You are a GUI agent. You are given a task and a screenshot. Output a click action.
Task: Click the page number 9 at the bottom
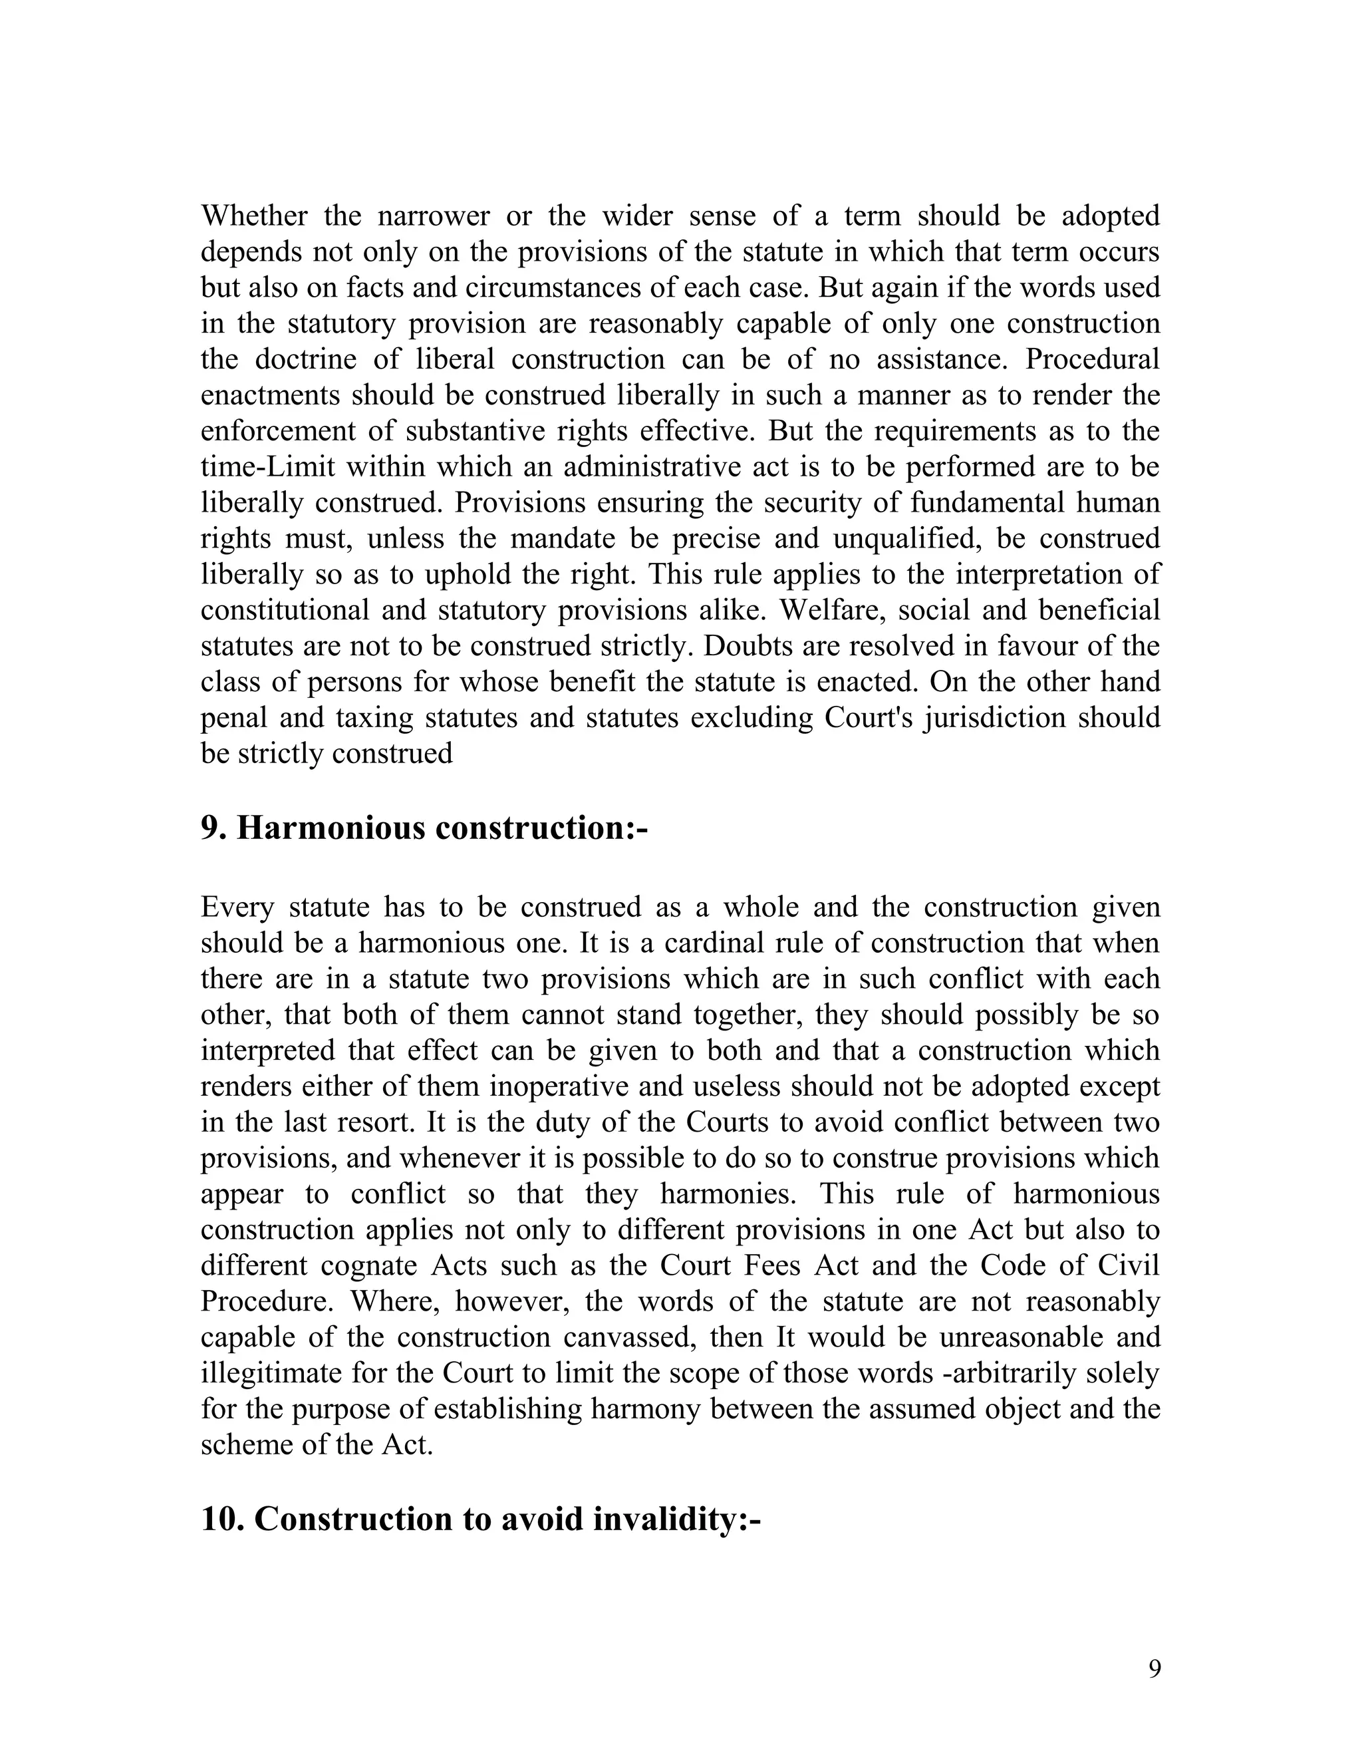[1155, 1669]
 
